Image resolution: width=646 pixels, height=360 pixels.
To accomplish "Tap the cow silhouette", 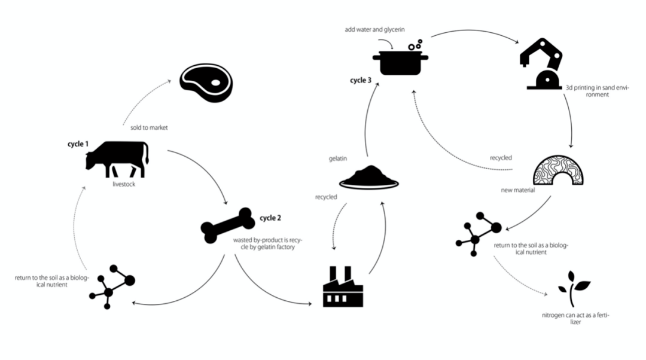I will (117, 158).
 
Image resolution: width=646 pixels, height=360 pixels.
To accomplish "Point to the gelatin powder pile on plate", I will (368, 178).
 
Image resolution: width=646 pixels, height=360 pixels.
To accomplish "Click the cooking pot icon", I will (400, 61).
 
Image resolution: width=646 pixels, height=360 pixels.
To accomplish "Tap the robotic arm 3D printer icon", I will (542, 65).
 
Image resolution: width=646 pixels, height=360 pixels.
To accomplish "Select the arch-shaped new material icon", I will (557, 170).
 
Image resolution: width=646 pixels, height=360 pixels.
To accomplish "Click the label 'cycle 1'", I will (78, 144).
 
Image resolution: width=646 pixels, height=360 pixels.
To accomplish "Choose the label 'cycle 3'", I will (361, 80).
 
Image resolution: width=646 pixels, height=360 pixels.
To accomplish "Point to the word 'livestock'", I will (124, 184).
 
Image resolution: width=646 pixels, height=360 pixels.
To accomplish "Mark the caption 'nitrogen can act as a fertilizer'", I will (572, 318).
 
